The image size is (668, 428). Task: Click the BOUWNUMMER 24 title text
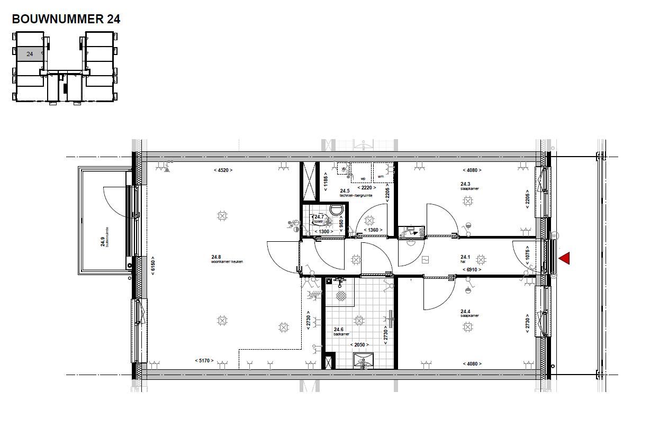pos(66,19)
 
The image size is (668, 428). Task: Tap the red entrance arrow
pos(564,258)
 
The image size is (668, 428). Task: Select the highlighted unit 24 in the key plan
pos(30,54)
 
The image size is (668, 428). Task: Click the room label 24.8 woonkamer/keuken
pos(227,259)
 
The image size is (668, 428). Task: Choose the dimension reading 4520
pos(223,170)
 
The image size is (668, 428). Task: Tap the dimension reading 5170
pos(204,361)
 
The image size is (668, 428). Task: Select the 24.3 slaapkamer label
pos(469,186)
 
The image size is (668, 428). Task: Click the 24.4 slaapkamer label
pos(469,313)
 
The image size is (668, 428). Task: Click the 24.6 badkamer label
pos(341,331)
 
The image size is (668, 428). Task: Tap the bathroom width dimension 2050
pos(359,345)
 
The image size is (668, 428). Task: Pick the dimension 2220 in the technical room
pos(367,187)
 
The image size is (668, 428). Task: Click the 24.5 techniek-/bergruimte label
pos(356,193)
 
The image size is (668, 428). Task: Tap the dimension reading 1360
pos(373,230)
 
